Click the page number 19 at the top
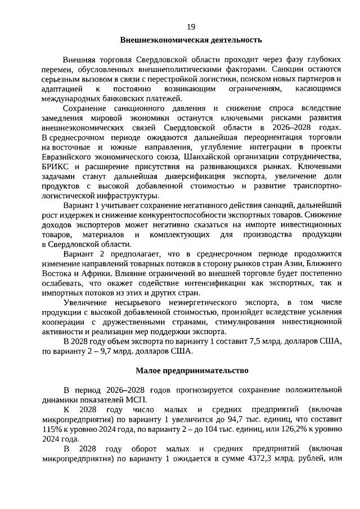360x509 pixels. (191, 26)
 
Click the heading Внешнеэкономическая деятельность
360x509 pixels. (191, 40)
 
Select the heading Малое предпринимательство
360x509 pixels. (191, 371)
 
